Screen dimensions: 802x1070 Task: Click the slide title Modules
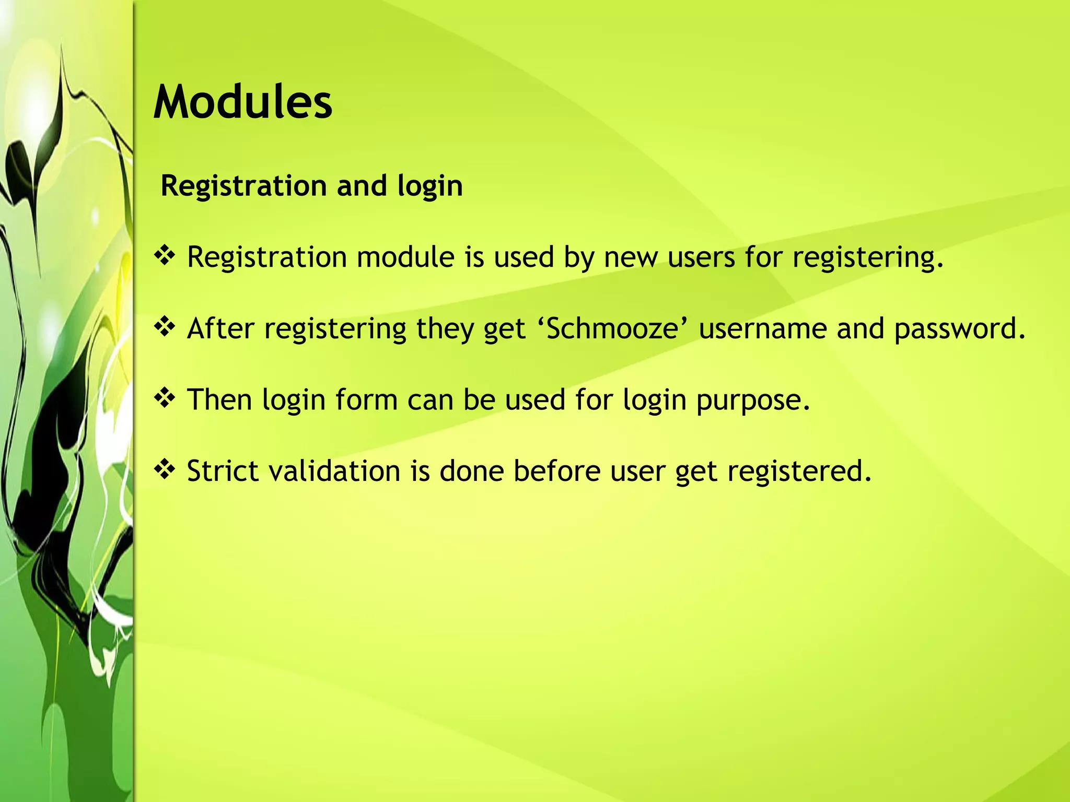coord(242,102)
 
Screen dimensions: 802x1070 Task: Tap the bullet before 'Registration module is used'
coord(165,256)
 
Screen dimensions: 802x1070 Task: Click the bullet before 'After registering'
coord(165,328)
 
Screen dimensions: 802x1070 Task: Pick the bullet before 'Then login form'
coord(165,399)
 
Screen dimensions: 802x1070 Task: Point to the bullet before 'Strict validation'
coord(165,470)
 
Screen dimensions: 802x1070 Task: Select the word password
coord(959,329)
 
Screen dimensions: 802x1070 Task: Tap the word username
coord(762,329)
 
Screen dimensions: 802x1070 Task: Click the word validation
coord(334,470)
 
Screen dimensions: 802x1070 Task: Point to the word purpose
coord(752,400)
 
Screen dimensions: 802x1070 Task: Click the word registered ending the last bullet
coord(799,471)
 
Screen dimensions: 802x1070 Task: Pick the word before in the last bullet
coord(557,470)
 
